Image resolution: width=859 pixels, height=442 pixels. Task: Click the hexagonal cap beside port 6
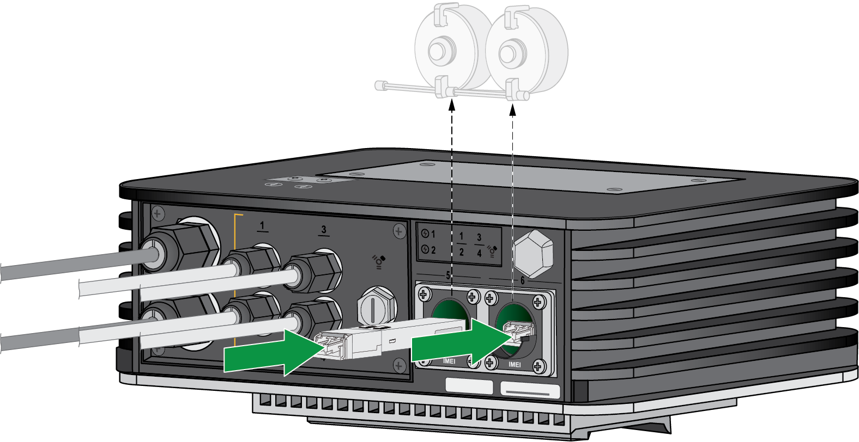[x=533, y=253]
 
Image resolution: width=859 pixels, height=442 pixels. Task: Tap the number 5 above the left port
[x=448, y=276]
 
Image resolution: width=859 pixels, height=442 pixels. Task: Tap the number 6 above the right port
[x=522, y=280]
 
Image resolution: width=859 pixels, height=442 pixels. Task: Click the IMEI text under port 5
[x=449, y=361]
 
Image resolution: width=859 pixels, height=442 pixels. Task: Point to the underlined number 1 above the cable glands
[x=262, y=225]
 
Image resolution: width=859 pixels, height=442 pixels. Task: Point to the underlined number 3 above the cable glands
[x=324, y=230]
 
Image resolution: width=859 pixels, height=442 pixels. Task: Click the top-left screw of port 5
[x=424, y=295]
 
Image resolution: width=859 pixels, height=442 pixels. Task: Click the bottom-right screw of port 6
[x=538, y=366]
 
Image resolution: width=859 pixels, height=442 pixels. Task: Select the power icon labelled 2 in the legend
[x=425, y=250]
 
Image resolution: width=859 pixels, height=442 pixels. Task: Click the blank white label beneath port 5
[x=469, y=385]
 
